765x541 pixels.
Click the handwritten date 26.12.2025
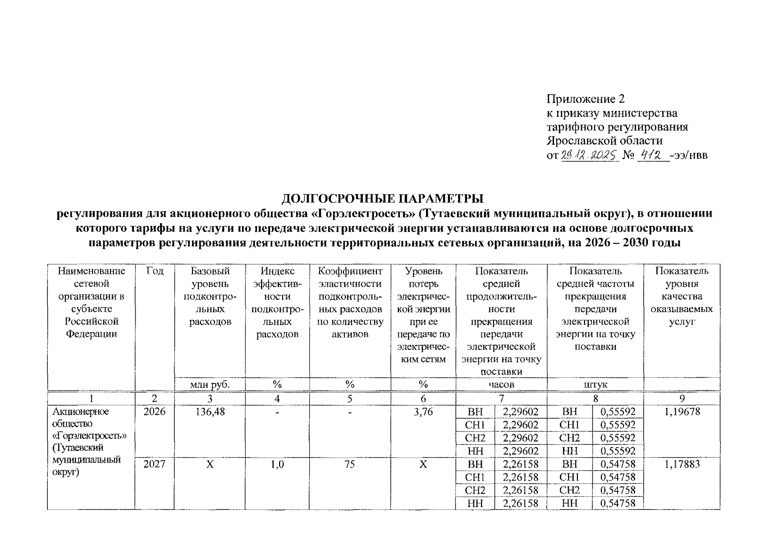[590, 156]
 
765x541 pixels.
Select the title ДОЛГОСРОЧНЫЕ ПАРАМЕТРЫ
[382, 199]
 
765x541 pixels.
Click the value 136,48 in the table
[210, 412]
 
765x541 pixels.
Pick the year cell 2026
[154, 412]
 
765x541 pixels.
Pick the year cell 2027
[154, 464]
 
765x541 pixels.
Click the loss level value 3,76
[423, 412]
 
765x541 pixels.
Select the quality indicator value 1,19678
[682, 412]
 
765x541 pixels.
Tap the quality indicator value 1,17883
[682, 464]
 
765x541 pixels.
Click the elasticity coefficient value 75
[350, 464]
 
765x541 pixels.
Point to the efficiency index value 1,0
[277, 464]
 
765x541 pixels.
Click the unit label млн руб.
[210, 385]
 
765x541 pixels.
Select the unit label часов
[501, 385]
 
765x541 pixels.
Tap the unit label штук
[595, 385]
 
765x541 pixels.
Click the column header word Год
[155, 271]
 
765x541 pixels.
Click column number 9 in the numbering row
[682, 399]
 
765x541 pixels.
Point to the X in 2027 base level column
[210, 464]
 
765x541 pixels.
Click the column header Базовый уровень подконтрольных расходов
[210, 296]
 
